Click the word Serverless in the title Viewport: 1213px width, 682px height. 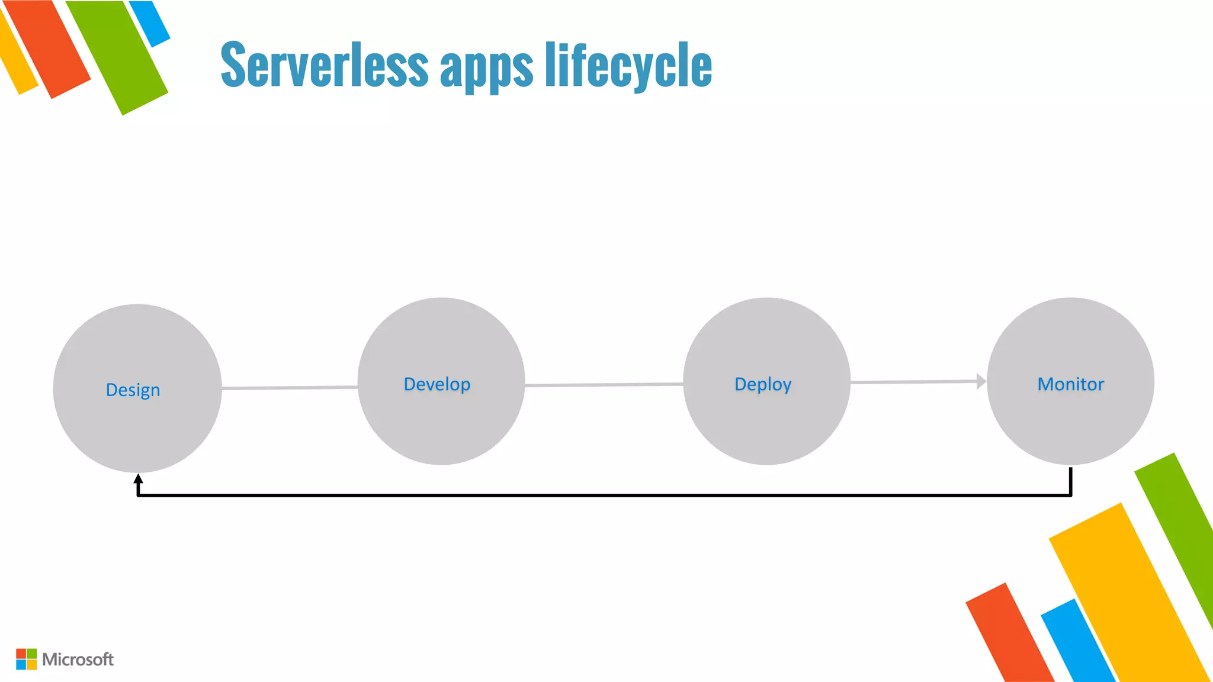point(324,65)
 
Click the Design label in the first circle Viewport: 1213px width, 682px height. point(133,390)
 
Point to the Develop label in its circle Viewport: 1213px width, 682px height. point(437,384)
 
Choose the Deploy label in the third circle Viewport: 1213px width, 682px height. point(763,384)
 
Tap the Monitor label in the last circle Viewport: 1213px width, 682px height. point(1071,384)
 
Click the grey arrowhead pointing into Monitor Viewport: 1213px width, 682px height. point(981,382)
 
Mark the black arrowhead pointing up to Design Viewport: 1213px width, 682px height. point(138,479)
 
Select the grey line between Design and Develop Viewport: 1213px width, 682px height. point(289,388)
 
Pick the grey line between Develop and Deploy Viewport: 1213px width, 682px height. point(604,385)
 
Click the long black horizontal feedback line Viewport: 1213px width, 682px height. point(604,495)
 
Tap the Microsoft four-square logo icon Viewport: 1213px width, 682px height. point(26,659)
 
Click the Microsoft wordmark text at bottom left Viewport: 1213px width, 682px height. point(78,660)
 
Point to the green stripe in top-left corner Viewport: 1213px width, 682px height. point(118,56)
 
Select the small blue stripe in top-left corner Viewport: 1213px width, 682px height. point(149,22)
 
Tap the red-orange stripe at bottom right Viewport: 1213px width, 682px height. point(1007,633)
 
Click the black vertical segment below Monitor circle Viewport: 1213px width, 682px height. point(1071,481)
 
